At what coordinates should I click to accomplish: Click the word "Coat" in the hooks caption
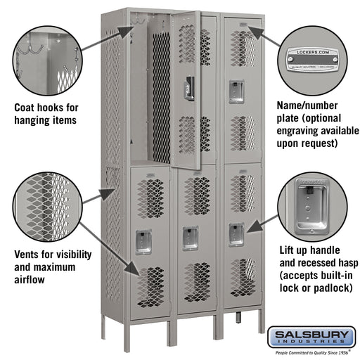tap(27, 108)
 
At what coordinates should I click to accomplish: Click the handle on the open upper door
tap(188, 89)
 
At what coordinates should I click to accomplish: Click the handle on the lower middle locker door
tap(188, 236)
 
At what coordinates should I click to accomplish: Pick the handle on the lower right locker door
tap(236, 233)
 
